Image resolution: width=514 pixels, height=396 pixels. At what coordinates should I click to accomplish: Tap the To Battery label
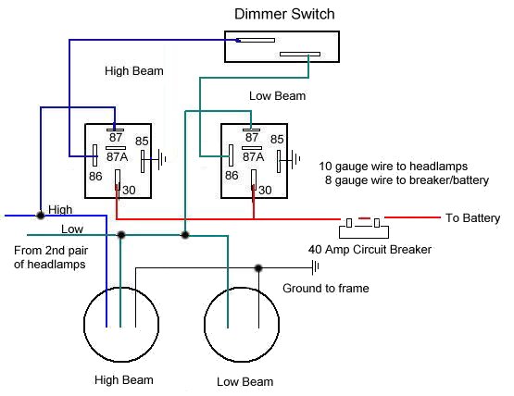point(472,218)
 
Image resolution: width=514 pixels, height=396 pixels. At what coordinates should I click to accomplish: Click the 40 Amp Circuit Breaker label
point(370,250)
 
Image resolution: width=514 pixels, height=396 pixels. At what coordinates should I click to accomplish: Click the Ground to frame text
point(326,289)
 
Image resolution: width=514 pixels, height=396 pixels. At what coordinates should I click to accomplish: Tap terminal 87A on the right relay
point(253,156)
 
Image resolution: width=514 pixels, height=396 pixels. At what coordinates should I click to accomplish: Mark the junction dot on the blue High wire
point(40,216)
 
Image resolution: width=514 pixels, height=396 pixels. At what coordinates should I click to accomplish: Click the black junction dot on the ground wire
point(258,268)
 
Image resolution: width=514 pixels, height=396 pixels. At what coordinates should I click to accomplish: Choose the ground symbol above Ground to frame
point(316,268)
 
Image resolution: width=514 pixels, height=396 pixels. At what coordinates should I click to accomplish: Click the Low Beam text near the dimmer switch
point(277,96)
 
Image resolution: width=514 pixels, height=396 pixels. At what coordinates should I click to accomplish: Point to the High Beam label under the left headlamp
point(123,380)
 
